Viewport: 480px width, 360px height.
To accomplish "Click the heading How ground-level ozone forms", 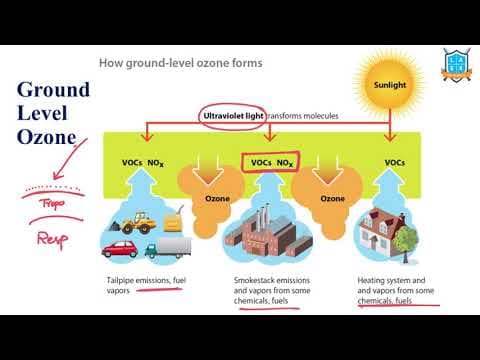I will [x=180, y=63].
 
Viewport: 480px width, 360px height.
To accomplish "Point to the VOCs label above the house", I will [x=395, y=162].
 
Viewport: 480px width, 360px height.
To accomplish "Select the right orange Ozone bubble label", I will [x=332, y=198].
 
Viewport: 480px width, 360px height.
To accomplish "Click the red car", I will [x=122, y=247].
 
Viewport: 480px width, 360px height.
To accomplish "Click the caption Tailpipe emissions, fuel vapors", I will [x=145, y=287].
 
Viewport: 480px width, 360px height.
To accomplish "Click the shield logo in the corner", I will [x=457, y=62].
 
